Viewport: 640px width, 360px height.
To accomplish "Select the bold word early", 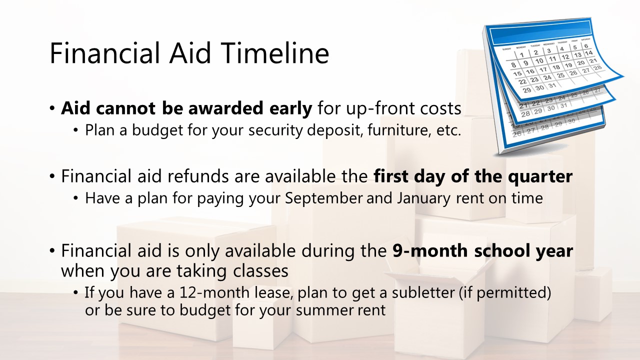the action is [x=291, y=109].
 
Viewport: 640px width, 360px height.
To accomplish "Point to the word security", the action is [x=275, y=130].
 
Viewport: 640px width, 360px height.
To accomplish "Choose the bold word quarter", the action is [x=540, y=177].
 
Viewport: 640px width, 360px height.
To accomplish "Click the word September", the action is [x=323, y=198].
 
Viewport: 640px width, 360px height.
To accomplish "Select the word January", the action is [x=423, y=198].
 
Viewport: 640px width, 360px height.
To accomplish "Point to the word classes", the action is [x=260, y=270].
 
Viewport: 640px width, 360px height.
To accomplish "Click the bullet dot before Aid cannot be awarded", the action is [x=52, y=108].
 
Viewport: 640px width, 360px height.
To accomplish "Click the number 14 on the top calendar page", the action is [x=588, y=53].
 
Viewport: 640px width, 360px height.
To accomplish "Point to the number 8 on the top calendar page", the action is [x=513, y=65].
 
